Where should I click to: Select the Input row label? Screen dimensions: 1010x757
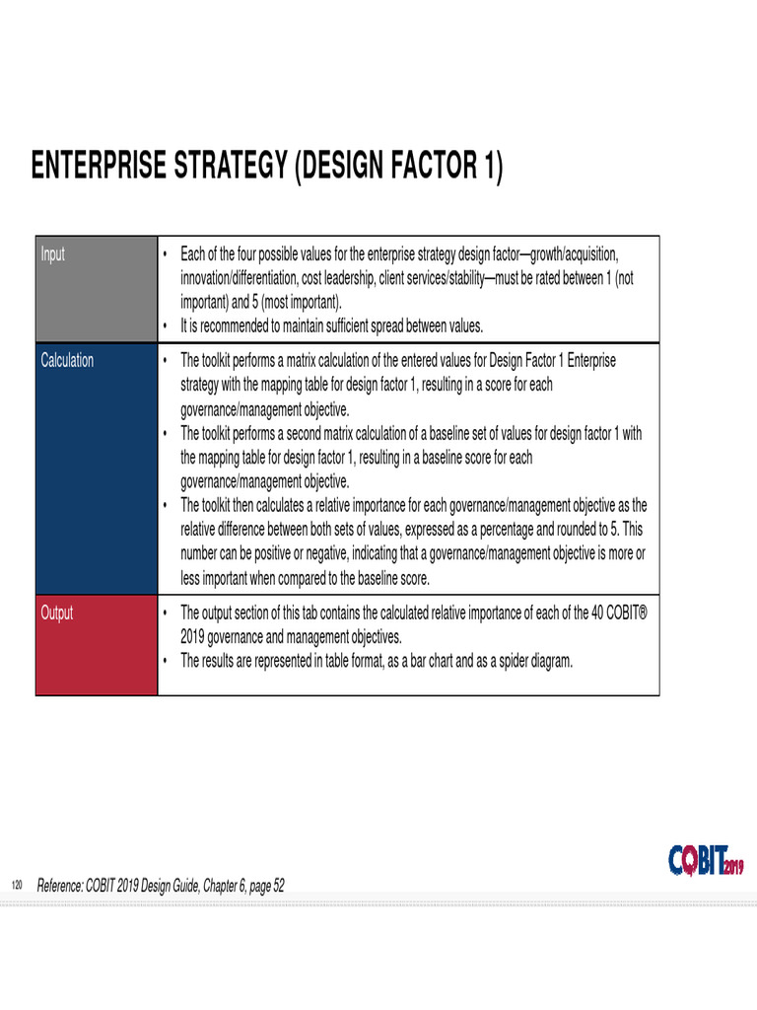[52, 254]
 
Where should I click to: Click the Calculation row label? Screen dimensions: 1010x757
[67, 361]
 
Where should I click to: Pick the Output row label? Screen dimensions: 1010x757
[56, 613]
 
